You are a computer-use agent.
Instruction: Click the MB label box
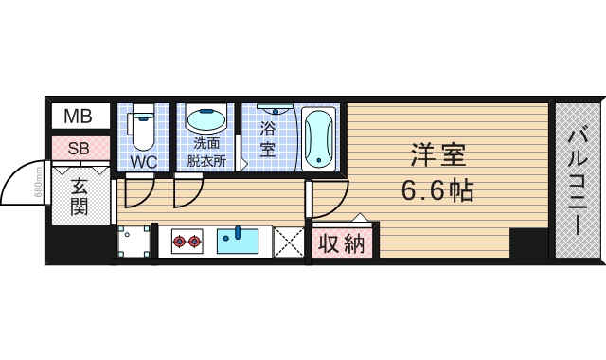click(79, 117)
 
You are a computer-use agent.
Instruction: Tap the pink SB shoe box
click(79, 149)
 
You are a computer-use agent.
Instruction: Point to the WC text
click(143, 162)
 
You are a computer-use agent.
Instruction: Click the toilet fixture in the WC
click(142, 129)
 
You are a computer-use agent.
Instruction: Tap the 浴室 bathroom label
click(267, 138)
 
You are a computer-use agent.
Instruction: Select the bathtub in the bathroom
click(318, 138)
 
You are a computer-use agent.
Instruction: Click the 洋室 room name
click(437, 153)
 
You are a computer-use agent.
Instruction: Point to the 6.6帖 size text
click(437, 190)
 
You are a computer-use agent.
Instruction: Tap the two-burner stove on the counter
click(187, 243)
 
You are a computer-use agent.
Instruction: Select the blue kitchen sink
click(238, 242)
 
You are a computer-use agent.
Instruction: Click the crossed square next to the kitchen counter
click(288, 243)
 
